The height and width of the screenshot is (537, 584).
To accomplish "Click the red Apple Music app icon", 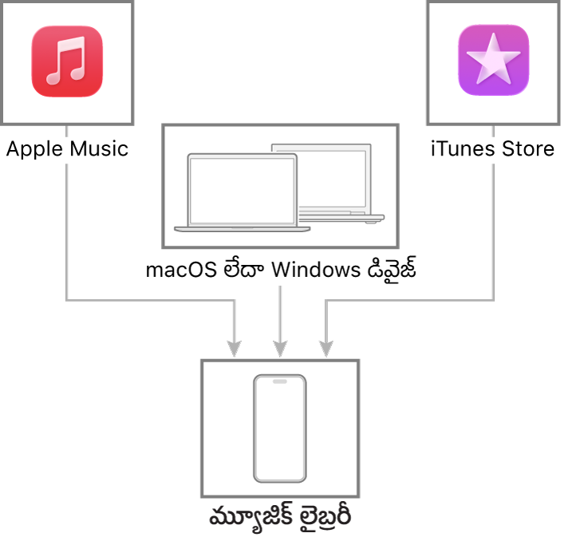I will (x=67, y=61).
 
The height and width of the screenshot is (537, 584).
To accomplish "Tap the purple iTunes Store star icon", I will (x=493, y=60).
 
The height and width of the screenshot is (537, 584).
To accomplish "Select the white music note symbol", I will (x=66, y=61).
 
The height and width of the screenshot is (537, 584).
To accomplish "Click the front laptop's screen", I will (x=242, y=190).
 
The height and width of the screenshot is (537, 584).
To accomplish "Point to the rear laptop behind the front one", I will (x=335, y=180).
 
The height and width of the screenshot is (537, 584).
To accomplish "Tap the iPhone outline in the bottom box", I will (x=279, y=428).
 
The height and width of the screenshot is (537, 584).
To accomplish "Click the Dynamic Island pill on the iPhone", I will (x=279, y=381).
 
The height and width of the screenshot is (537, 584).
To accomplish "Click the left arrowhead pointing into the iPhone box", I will (x=234, y=349).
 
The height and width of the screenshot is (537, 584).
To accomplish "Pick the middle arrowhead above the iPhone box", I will (x=279, y=349).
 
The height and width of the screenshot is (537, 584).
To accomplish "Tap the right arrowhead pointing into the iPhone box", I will (x=326, y=349).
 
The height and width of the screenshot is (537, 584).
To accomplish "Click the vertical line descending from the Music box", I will (x=66, y=231).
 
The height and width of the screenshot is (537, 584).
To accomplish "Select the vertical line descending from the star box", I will (x=493, y=231).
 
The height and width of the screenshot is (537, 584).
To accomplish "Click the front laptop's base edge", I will (x=242, y=229).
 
